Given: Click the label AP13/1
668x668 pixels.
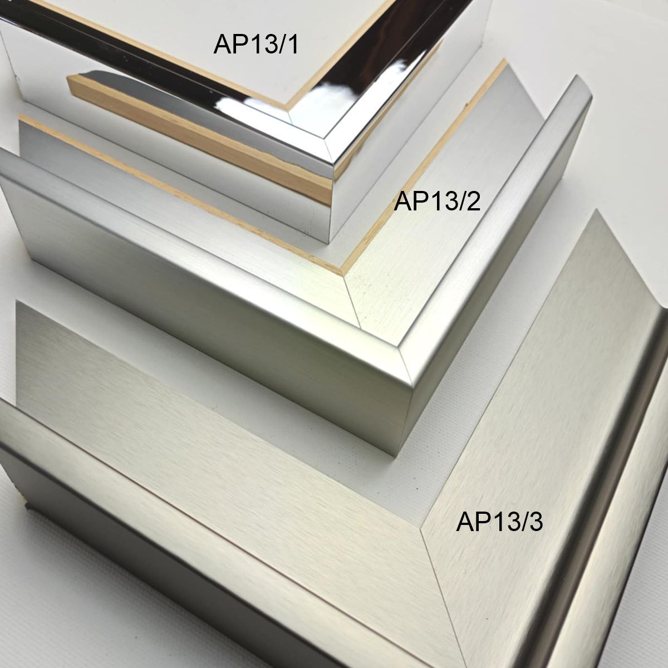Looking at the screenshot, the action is pyautogui.click(x=256, y=45).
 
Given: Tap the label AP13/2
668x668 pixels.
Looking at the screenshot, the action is pyautogui.click(x=437, y=202).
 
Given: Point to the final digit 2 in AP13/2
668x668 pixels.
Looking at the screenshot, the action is pyautogui.click(x=473, y=201).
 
